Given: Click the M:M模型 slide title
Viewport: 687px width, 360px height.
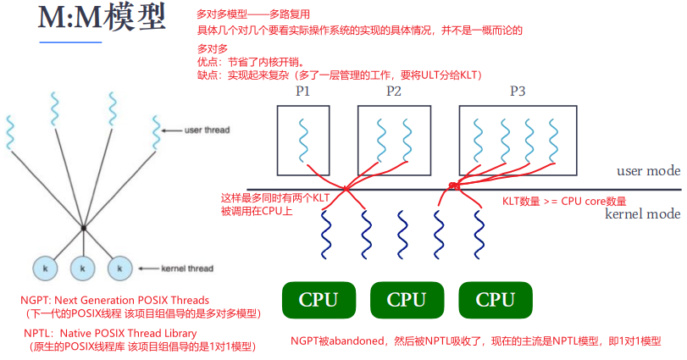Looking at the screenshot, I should point(101,20).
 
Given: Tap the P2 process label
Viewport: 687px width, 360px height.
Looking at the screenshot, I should point(393,91).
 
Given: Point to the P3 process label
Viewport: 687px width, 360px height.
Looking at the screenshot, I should point(518,91).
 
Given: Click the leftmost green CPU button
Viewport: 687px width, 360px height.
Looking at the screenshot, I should point(318,300).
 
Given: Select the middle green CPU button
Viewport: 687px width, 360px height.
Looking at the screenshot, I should point(406,300).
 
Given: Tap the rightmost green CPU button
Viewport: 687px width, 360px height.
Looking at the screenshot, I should point(495,300).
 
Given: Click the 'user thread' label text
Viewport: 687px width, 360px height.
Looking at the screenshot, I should point(207,130).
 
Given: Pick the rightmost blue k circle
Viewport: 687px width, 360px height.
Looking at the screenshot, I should point(119,269).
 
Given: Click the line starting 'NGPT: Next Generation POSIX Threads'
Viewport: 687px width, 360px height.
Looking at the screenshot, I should point(114,300).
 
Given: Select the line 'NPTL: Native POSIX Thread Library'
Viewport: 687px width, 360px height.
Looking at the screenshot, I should point(110,333).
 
